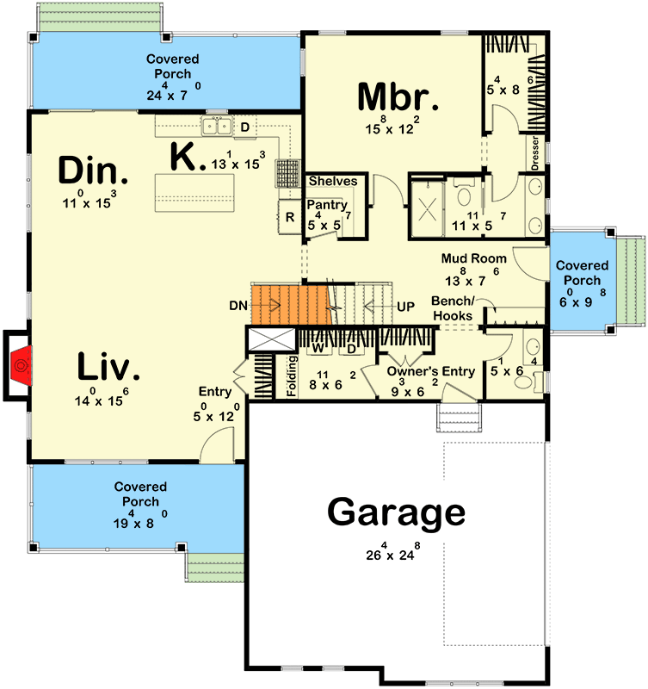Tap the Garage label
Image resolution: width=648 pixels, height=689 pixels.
point(396,513)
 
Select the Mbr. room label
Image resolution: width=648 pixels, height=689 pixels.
point(398,96)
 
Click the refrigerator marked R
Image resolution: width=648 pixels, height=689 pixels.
point(290,217)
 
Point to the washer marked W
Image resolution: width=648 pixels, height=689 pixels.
point(317,349)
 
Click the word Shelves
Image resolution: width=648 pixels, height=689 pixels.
point(332,181)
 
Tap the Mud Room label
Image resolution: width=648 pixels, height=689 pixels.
point(473,258)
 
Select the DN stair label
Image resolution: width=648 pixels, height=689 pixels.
point(240,305)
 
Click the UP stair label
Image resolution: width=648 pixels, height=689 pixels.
point(405,306)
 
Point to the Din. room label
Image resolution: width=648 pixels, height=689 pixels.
point(93,171)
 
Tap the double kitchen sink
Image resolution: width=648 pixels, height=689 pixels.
point(216,127)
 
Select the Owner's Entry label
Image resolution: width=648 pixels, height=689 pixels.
point(430,371)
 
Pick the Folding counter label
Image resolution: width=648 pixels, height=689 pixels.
point(293,376)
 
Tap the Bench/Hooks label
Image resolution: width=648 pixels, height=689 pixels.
point(453,310)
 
